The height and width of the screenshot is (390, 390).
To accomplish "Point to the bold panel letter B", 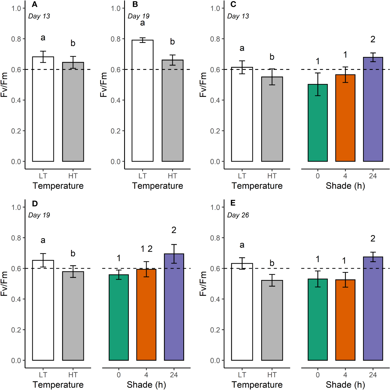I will coord(135,4).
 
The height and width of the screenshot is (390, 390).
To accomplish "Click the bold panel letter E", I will coord(233,203).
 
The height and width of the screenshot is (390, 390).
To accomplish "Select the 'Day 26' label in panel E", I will coord(238,215).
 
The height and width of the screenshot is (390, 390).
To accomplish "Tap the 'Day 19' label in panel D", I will coord(39,215).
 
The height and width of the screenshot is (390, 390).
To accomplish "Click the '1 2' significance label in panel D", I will coord(146,249).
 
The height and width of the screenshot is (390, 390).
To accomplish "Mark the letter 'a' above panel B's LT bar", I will coord(142,23).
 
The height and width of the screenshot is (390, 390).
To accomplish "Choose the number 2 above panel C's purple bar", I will coord(373,39).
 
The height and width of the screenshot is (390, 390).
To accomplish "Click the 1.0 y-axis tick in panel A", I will coord(16,8).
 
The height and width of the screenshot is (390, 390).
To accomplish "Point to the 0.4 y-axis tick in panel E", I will coord(215,299).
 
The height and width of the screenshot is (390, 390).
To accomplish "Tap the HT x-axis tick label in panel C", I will coord(272,176).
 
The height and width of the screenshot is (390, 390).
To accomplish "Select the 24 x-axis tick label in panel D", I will coord(174,375).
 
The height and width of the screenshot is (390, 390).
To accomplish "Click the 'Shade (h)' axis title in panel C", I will coord(345,186).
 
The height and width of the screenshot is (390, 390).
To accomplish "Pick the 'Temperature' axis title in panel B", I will coord(157,186).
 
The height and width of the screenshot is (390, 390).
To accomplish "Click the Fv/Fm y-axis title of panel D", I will coord(4,284).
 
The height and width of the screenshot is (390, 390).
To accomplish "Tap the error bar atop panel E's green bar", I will coord(318,279).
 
